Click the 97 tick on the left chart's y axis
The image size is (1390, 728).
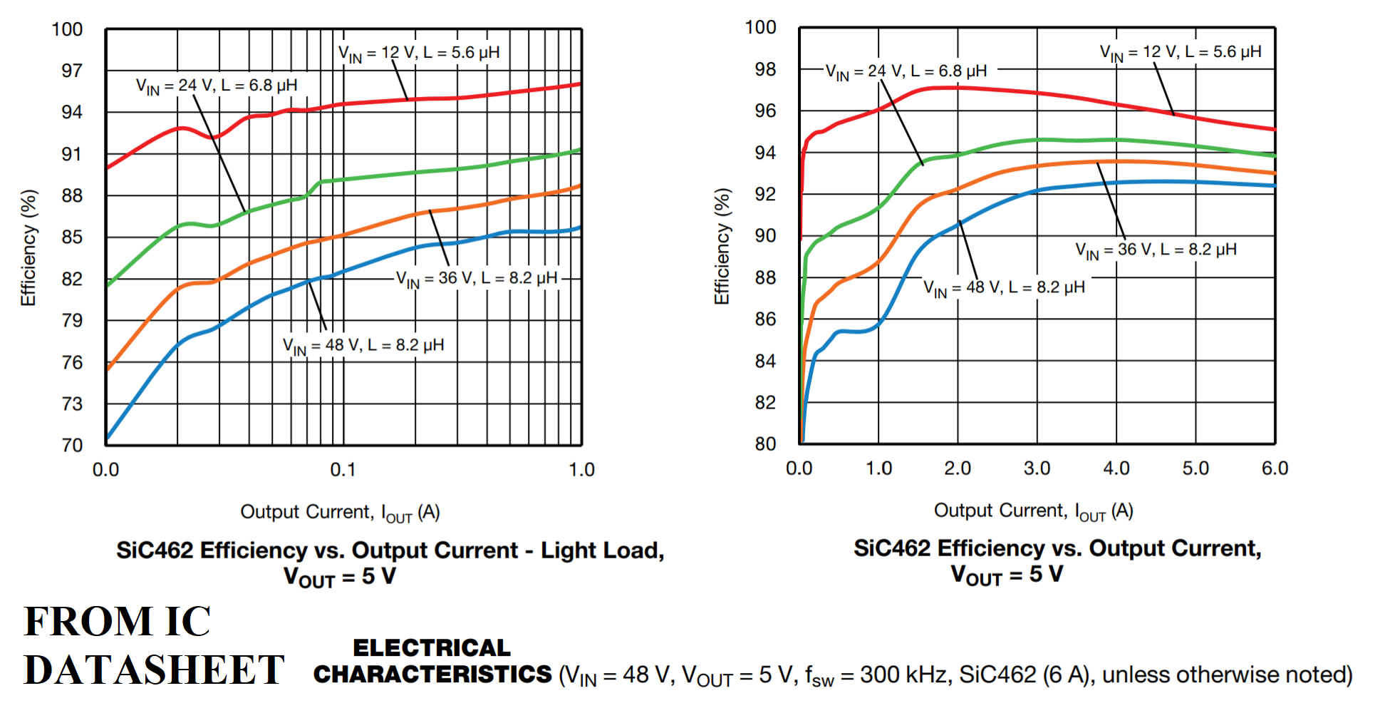(x=72, y=71)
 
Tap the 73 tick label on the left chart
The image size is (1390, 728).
(x=72, y=404)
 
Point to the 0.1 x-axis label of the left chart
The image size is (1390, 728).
(x=343, y=470)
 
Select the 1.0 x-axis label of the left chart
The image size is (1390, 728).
(x=581, y=470)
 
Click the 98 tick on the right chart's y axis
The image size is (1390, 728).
(x=765, y=69)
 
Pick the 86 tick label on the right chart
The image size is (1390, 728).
(x=765, y=319)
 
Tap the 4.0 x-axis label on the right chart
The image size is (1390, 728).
(x=1116, y=468)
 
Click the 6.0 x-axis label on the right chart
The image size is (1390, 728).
(x=1275, y=468)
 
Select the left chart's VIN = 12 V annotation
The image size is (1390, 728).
(x=419, y=53)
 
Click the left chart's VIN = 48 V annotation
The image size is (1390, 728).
(x=363, y=346)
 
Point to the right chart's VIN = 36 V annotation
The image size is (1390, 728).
(x=1156, y=250)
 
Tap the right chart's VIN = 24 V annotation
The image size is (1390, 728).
(x=906, y=72)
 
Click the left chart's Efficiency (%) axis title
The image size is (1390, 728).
(x=28, y=248)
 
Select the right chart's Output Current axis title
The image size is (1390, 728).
(x=1033, y=511)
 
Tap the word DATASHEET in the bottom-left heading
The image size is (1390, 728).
(x=154, y=670)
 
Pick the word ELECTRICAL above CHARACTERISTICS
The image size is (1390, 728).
(x=432, y=647)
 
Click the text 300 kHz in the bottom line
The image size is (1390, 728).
(x=905, y=675)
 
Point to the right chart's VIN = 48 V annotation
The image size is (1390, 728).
(x=1004, y=288)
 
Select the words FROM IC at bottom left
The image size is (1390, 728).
(x=118, y=622)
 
